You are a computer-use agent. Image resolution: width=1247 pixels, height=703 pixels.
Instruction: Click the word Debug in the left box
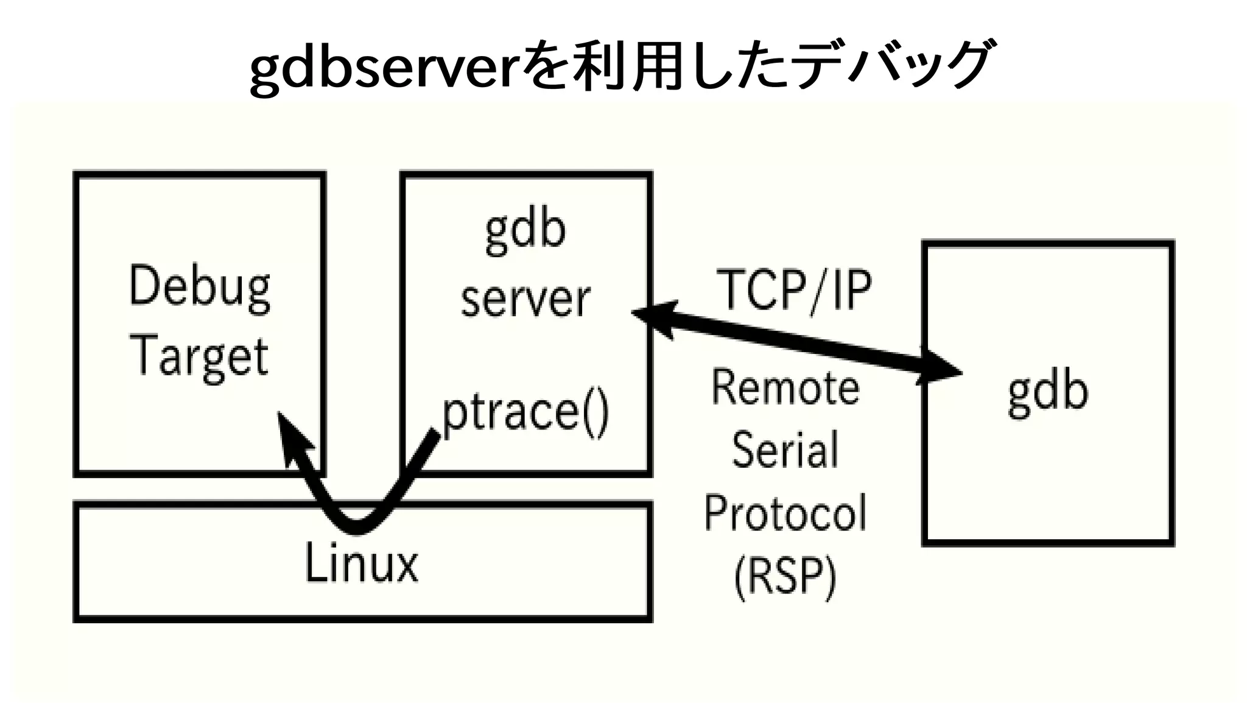click(x=200, y=288)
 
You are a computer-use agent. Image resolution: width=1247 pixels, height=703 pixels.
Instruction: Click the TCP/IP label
click(x=794, y=290)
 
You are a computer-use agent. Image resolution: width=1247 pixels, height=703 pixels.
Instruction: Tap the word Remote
click(x=785, y=387)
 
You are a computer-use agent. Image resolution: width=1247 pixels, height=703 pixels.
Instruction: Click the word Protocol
click(x=785, y=513)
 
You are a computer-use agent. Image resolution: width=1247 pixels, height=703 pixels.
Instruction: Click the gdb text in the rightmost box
click(x=1048, y=392)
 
